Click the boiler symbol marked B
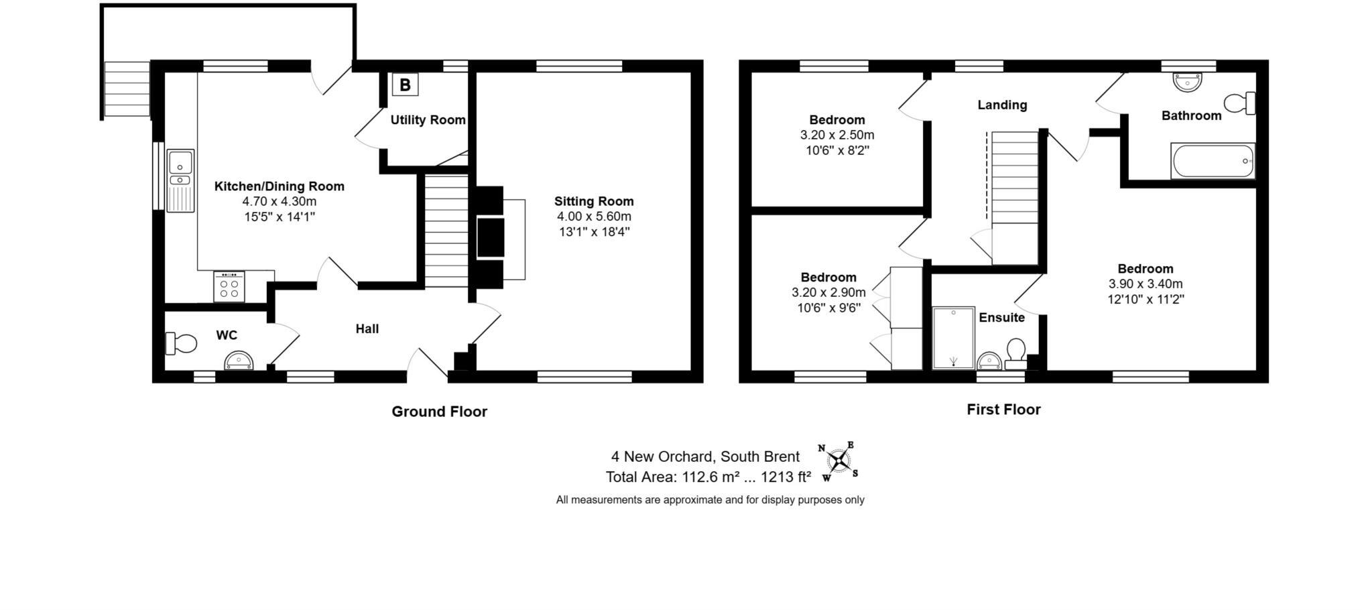tap(405, 85)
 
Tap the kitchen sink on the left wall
tap(180, 180)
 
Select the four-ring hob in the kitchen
tap(229, 287)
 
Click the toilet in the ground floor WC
tap(181, 343)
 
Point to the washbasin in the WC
tap(239, 361)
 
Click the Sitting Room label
tap(593, 201)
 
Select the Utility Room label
tap(428, 120)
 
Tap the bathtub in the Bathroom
tap(1212, 161)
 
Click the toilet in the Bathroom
tap(1239, 104)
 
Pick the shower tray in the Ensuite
tap(953, 338)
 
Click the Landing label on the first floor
tap(1001, 105)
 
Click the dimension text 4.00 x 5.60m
tap(594, 217)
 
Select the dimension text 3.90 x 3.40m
tap(1145, 284)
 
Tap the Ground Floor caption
tap(439, 412)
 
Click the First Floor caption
tap(1003, 410)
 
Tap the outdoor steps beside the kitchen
tap(127, 89)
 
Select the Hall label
tap(367, 329)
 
